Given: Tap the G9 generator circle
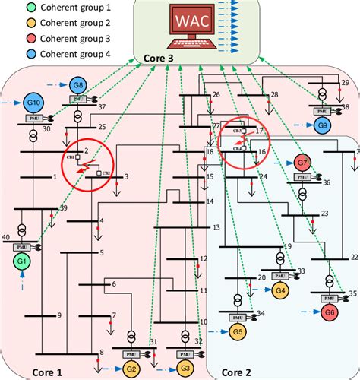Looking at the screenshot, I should (322, 124).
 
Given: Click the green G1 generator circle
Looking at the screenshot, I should (21, 262).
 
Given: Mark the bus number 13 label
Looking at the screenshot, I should (216, 227).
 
